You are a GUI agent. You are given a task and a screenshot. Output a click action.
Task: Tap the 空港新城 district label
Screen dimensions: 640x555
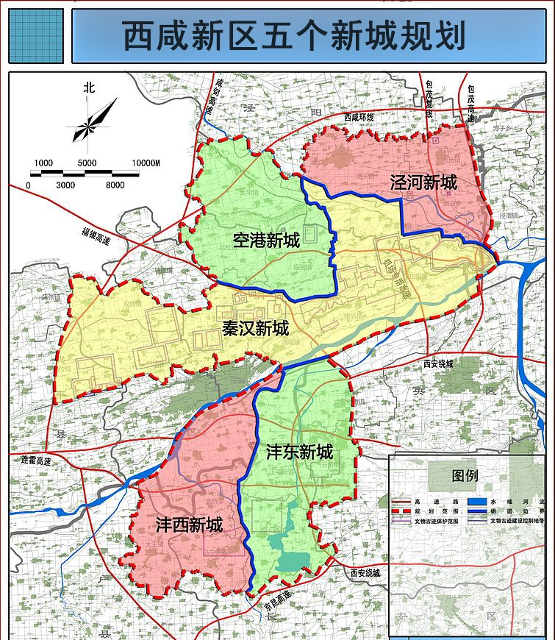tap(266, 240)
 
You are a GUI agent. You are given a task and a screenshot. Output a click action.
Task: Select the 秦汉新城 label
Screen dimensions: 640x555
tap(255, 329)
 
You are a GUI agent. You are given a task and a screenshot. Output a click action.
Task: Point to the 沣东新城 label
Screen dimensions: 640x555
tap(299, 451)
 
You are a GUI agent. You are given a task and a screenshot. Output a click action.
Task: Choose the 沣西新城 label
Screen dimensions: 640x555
tap(189, 525)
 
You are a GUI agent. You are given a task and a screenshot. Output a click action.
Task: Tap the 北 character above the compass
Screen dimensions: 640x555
tap(89, 87)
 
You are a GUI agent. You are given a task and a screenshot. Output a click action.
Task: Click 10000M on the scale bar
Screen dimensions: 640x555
tap(146, 163)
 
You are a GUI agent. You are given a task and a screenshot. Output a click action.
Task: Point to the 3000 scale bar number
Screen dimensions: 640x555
tap(65, 185)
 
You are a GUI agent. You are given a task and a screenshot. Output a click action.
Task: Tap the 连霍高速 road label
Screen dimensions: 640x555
tap(36, 461)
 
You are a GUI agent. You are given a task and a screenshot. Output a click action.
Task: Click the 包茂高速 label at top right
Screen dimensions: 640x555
tap(470, 103)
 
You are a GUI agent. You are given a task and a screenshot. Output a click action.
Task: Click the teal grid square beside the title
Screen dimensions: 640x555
tap(35, 36)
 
